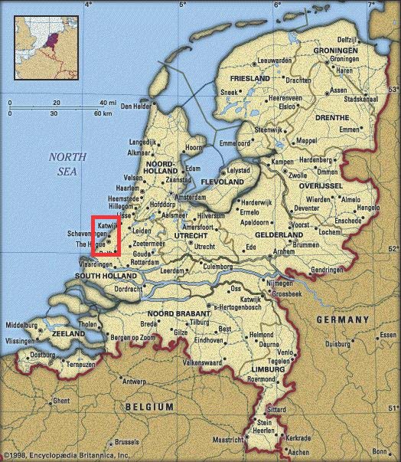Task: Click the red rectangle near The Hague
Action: pyautogui.click(x=106, y=235)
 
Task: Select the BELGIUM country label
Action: pyautogui.click(x=150, y=406)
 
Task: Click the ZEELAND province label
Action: pyautogui.click(x=67, y=335)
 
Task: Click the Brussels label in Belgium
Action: pyautogui.click(x=128, y=441)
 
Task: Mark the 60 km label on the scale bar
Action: pyautogui.click(x=102, y=113)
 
